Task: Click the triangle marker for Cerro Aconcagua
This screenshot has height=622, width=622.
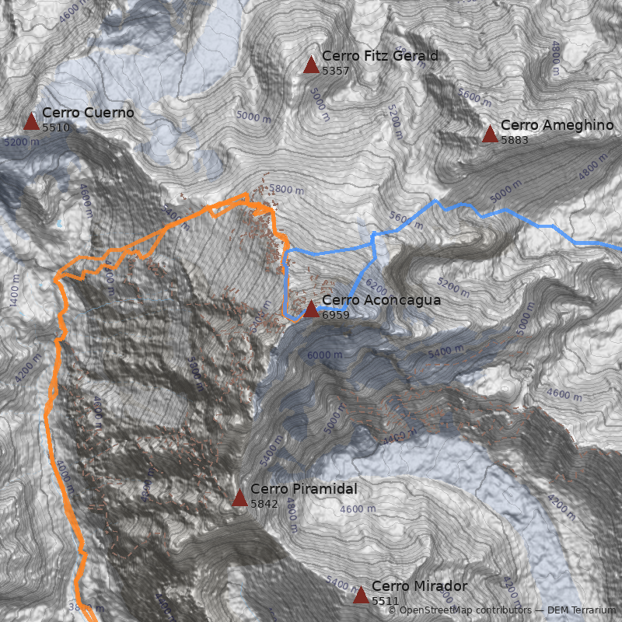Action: point(311,309)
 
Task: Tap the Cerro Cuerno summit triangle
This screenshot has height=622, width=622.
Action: point(31,121)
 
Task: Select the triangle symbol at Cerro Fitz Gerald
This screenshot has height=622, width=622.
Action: point(311,65)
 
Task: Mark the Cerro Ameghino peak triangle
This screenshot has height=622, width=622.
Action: point(490,134)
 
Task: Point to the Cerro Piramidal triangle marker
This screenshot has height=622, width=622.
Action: point(239,498)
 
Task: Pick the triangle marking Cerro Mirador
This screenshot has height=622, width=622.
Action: point(361,596)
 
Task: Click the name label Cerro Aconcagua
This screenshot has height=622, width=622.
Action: point(381,300)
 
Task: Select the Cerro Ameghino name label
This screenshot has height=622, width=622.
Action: point(557,125)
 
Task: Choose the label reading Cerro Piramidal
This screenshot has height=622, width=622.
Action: point(303,489)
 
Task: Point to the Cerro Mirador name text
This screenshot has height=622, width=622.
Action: point(419,586)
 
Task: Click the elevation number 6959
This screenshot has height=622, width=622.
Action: point(336,316)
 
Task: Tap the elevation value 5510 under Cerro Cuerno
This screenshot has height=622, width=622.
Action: point(56,128)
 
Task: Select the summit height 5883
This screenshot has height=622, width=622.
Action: point(515,140)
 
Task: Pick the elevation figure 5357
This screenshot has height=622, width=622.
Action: point(336,71)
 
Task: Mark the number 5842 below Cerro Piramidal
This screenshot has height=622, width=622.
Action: point(264,504)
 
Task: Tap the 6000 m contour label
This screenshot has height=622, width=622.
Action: point(324,355)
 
